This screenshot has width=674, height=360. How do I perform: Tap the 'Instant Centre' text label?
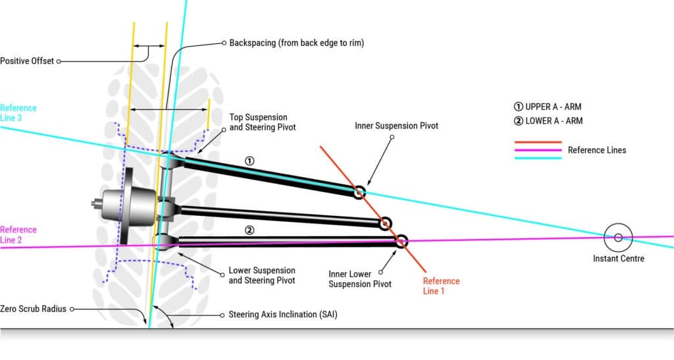tap(619, 259)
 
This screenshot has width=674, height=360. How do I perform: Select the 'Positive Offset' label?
tap(27, 61)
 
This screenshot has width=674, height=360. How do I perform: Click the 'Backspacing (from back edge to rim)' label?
tap(296, 43)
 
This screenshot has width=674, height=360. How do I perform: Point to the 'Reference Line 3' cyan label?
tap(18, 113)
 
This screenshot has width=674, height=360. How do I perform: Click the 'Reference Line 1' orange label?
tap(441, 286)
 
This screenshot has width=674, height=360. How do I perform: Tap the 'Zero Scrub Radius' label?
tap(34, 308)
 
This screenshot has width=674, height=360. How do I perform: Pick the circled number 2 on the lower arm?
tap(249, 230)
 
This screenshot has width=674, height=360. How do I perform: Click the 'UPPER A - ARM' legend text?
tap(554, 107)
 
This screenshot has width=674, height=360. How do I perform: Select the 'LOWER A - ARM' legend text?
tap(554, 121)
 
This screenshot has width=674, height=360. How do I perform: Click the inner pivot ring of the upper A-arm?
tap(358, 193)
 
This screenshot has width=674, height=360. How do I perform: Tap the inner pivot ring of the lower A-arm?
tap(402, 240)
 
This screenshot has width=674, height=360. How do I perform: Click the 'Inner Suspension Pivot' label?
tap(396, 125)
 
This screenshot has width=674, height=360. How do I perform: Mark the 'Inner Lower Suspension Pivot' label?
tap(360, 279)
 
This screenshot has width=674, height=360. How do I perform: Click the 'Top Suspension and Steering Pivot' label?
tap(262, 122)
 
